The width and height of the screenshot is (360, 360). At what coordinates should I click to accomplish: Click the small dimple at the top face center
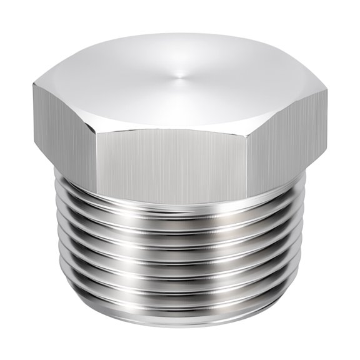(x=181, y=76)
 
